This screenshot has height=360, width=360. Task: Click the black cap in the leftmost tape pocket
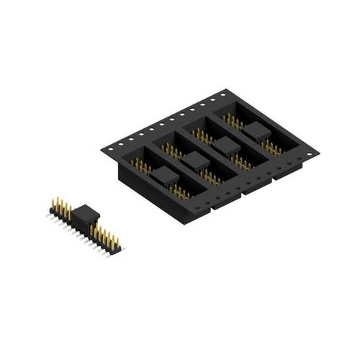coord(165,174)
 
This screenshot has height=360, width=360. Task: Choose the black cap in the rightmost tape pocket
coord(257,130)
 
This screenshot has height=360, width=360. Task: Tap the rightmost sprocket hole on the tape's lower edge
coord(310,153)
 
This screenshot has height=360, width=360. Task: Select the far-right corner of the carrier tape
coord(318,153)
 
